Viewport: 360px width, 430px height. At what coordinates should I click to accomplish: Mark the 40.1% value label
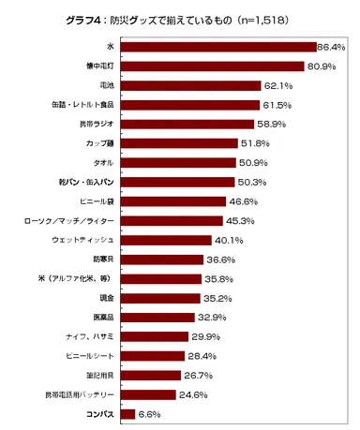tap(230, 240)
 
